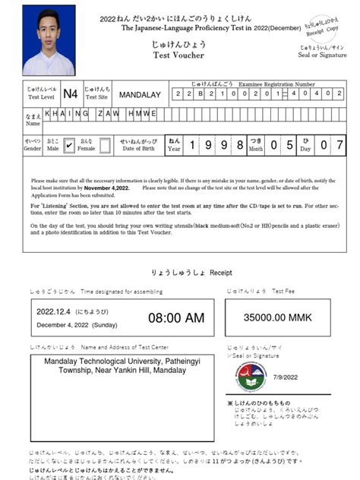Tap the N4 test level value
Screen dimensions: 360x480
(70, 94)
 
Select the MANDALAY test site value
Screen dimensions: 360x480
(140, 95)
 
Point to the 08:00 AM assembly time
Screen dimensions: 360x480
(175, 317)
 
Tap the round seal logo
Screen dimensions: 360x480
(251, 376)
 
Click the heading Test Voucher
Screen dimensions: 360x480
(174, 55)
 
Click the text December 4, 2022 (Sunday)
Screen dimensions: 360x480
(77, 324)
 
